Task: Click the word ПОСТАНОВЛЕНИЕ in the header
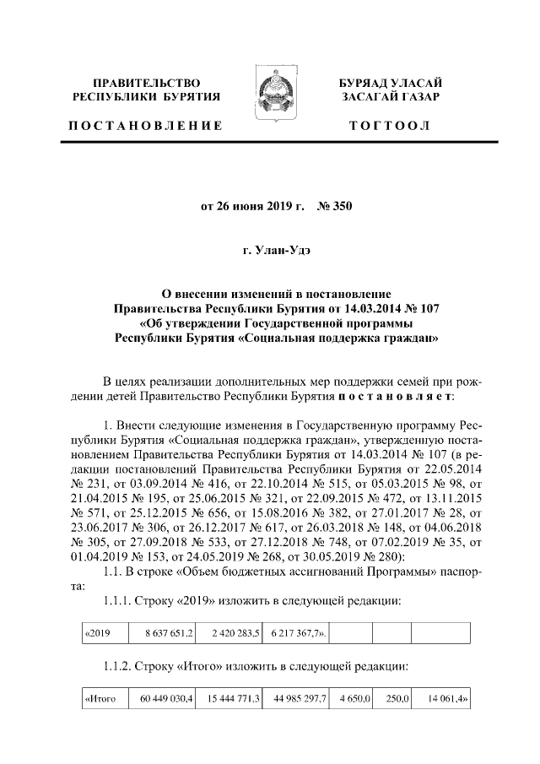tap(146, 126)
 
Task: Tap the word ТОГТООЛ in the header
tap(390, 126)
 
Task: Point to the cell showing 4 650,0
tap(351, 700)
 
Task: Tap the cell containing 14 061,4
tap(444, 700)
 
